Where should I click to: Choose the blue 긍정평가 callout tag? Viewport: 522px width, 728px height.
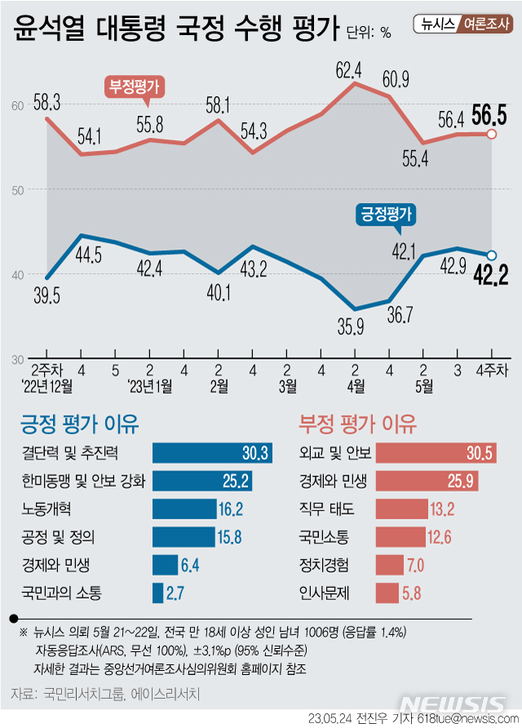(x=386, y=214)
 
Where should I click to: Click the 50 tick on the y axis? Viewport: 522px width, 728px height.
(x=16, y=189)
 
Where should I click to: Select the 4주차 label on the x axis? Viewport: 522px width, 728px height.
(x=491, y=368)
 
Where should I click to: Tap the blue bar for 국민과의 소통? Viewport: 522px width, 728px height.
(x=157, y=593)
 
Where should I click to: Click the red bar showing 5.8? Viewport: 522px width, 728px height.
(x=387, y=593)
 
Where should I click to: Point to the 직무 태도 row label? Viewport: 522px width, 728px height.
(x=327, y=510)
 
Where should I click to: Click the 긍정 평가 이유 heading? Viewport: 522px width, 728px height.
(x=80, y=424)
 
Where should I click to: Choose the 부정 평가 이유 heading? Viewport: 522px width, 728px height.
(x=358, y=424)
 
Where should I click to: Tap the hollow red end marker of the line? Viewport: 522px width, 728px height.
(x=492, y=134)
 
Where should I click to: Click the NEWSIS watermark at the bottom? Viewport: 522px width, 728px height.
(x=457, y=704)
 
